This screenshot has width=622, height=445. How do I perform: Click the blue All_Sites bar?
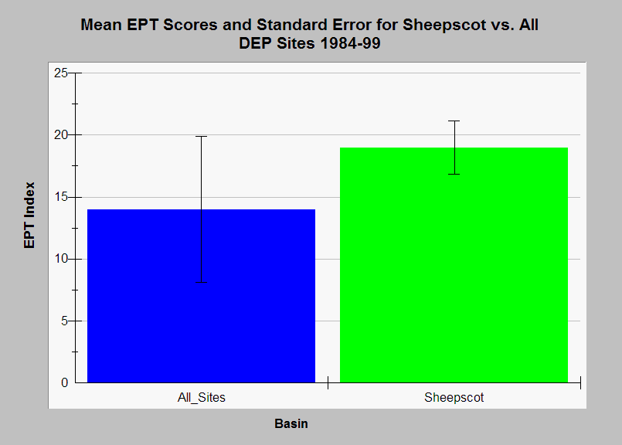[x=201, y=296]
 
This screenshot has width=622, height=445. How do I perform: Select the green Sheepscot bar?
[x=454, y=265]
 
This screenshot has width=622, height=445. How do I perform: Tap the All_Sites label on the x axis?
[x=202, y=397]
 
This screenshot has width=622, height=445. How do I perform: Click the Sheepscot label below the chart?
[x=454, y=397]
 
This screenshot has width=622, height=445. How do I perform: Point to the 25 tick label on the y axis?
[x=61, y=73]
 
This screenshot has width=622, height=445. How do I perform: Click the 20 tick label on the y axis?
[x=61, y=135]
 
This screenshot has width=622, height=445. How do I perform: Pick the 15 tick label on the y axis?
[x=61, y=197]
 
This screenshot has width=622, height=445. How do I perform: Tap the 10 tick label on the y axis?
[x=61, y=259]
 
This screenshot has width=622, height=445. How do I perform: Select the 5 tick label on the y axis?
[x=65, y=321]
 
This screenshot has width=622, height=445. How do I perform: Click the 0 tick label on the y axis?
[x=65, y=382]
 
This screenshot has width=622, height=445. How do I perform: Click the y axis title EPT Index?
[x=29, y=216]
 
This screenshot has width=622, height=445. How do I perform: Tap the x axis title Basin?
[x=291, y=423]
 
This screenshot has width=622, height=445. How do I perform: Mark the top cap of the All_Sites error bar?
[x=201, y=137]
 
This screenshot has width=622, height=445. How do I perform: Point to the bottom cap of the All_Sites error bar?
[x=201, y=283]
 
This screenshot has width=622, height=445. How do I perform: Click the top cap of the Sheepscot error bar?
[x=454, y=121]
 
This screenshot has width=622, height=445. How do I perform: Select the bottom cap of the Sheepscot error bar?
[x=454, y=174]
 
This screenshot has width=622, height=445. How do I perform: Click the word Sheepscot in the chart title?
[x=444, y=25]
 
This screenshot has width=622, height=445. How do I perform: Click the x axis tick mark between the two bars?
[x=328, y=382]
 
